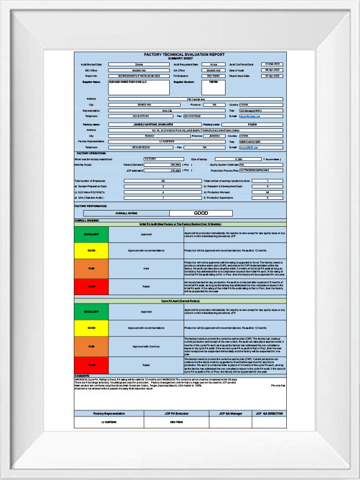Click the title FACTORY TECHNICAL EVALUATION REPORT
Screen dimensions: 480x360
pos(180,54)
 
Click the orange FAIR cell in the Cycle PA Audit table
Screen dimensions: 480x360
pos(91,346)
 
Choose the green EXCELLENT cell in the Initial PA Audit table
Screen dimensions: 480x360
pos(91,235)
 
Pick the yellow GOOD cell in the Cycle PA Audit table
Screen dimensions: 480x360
pos(91,328)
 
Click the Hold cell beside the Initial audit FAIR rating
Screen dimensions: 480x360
pos(146,269)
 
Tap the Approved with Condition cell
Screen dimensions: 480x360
pos(146,346)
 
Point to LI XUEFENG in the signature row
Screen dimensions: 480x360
pos(109,422)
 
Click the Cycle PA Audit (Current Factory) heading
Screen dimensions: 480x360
pos(180,300)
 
